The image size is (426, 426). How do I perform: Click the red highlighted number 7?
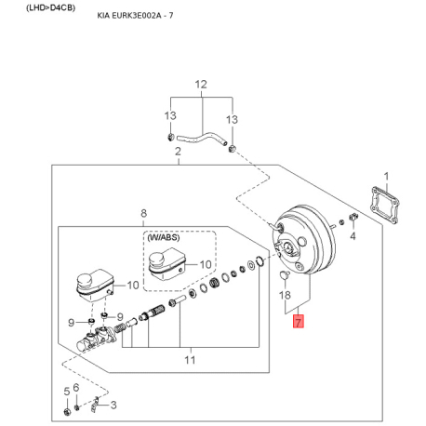(x=298, y=321)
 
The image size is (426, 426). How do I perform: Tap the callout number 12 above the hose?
(x=201, y=85)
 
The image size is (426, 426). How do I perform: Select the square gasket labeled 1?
(x=385, y=205)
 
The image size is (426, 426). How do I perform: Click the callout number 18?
(x=285, y=295)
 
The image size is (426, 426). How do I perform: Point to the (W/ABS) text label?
(x=164, y=237)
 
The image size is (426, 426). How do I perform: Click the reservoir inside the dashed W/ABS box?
(x=166, y=264)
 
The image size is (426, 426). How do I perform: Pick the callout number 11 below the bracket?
(x=190, y=360)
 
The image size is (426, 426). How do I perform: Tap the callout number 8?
(x=143, y=213)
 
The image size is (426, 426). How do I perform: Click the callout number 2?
(x=178, y=152)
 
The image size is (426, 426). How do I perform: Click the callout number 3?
(x=113, y=405)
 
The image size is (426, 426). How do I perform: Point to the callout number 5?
(x=67, y=392)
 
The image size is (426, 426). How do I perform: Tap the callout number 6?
(x=76, y=387)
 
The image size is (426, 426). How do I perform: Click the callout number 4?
(x=353, y=236)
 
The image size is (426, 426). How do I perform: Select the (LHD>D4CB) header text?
(x=51, y=7)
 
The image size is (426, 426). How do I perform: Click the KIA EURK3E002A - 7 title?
(x=135, y=15)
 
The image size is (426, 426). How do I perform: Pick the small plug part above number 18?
(x=285, y=274)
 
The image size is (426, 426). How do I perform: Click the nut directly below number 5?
(x=67, y=412)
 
